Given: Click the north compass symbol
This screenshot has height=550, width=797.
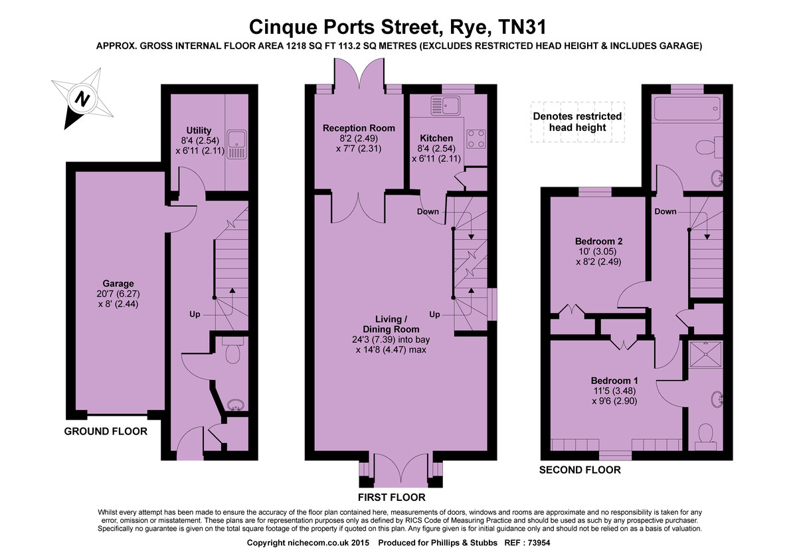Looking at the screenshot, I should (81, 100).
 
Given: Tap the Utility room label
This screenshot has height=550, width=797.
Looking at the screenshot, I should (199, 130).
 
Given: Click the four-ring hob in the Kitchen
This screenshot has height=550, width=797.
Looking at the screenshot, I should (475, 137).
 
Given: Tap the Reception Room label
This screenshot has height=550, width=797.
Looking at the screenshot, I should (359, 128).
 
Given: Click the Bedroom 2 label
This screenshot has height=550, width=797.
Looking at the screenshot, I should (598, 241).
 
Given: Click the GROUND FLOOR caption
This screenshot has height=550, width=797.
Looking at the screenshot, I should (106, 431).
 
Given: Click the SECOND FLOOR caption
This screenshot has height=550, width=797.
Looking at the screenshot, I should (580, 470).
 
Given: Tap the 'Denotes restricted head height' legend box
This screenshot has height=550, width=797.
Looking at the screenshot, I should (578, 122).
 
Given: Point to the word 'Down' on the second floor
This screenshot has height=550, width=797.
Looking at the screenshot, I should (665, 211).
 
